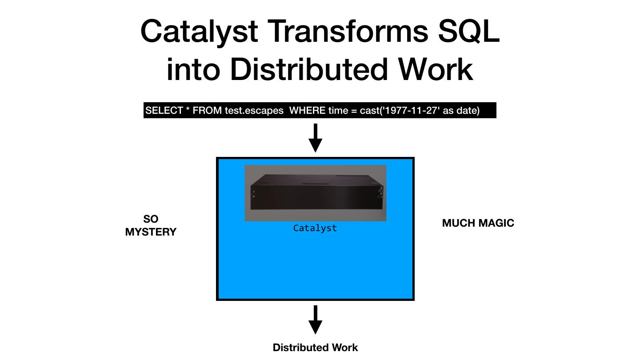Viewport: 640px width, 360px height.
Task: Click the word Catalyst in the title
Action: [199, 32]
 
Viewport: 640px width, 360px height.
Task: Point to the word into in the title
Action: [193, 69]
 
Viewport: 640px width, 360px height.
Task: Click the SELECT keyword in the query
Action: [164, 111]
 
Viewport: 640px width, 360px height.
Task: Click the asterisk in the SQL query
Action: [188, 110]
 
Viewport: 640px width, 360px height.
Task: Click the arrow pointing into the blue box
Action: [315, 138]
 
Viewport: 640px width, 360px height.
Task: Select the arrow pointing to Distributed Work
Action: [315, 320]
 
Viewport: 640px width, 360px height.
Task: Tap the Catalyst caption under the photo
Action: [315, 228]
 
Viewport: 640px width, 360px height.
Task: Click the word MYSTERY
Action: [151, 232]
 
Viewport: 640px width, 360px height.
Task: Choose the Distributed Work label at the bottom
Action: [315, 348]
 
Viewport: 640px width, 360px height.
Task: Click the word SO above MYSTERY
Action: [151, 219]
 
